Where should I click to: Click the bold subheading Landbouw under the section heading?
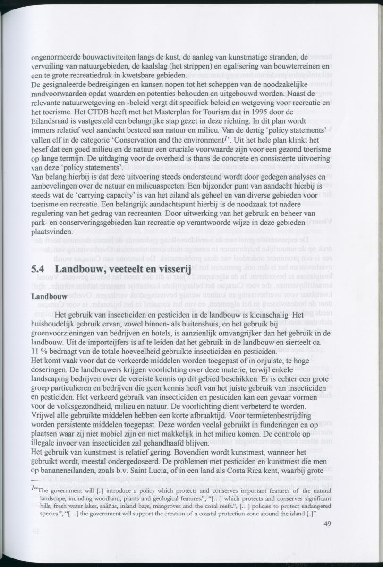pos(49,297)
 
